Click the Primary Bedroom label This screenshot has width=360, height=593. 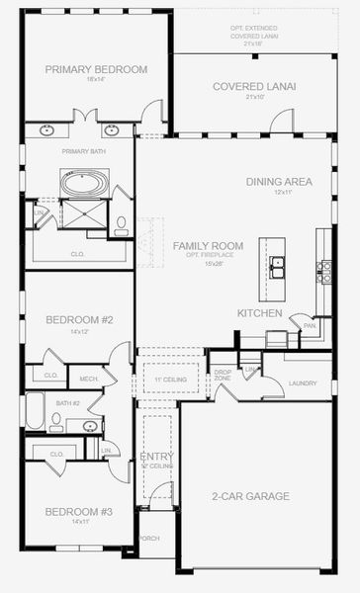(96, 69)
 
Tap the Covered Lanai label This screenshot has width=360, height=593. (254, 86)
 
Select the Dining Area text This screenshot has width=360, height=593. (278, 181)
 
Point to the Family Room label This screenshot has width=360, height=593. (208, 245)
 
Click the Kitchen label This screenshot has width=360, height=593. (260, 313)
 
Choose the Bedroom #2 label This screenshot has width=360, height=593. (80, 319)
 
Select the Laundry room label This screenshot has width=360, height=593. (303, 383)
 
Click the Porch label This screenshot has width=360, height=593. (148, 539)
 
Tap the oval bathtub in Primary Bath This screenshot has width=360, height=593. (79, 183)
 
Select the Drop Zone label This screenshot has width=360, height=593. (223, 375)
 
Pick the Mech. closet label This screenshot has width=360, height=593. (88, 378)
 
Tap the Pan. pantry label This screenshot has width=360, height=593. (309, 325)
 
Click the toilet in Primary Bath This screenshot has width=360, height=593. (121, 224)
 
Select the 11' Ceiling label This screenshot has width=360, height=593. (163, 379)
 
